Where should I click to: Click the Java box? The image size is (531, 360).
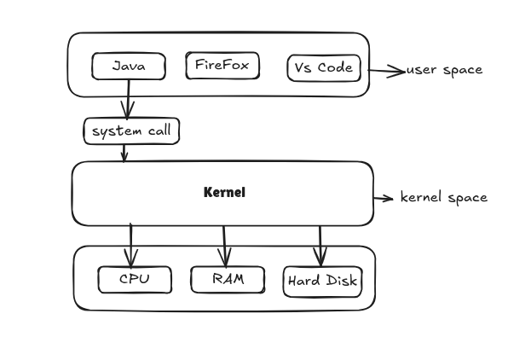[129, 66]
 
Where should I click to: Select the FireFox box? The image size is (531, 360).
[222, 66]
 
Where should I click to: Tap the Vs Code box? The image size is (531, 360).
[324, 67]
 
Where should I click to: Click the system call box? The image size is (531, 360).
[132, 131]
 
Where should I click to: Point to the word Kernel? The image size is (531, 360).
[224, 193]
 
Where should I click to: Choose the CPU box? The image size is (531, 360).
[135, 279]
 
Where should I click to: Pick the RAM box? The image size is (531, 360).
[228, 279]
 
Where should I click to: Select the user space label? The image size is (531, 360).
[444, 70]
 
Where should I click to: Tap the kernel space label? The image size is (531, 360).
[444, 197]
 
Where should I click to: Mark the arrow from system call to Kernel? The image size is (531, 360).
[125, 152]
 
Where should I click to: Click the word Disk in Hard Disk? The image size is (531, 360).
[340, 281]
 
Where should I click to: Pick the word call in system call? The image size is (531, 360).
[159, 131]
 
